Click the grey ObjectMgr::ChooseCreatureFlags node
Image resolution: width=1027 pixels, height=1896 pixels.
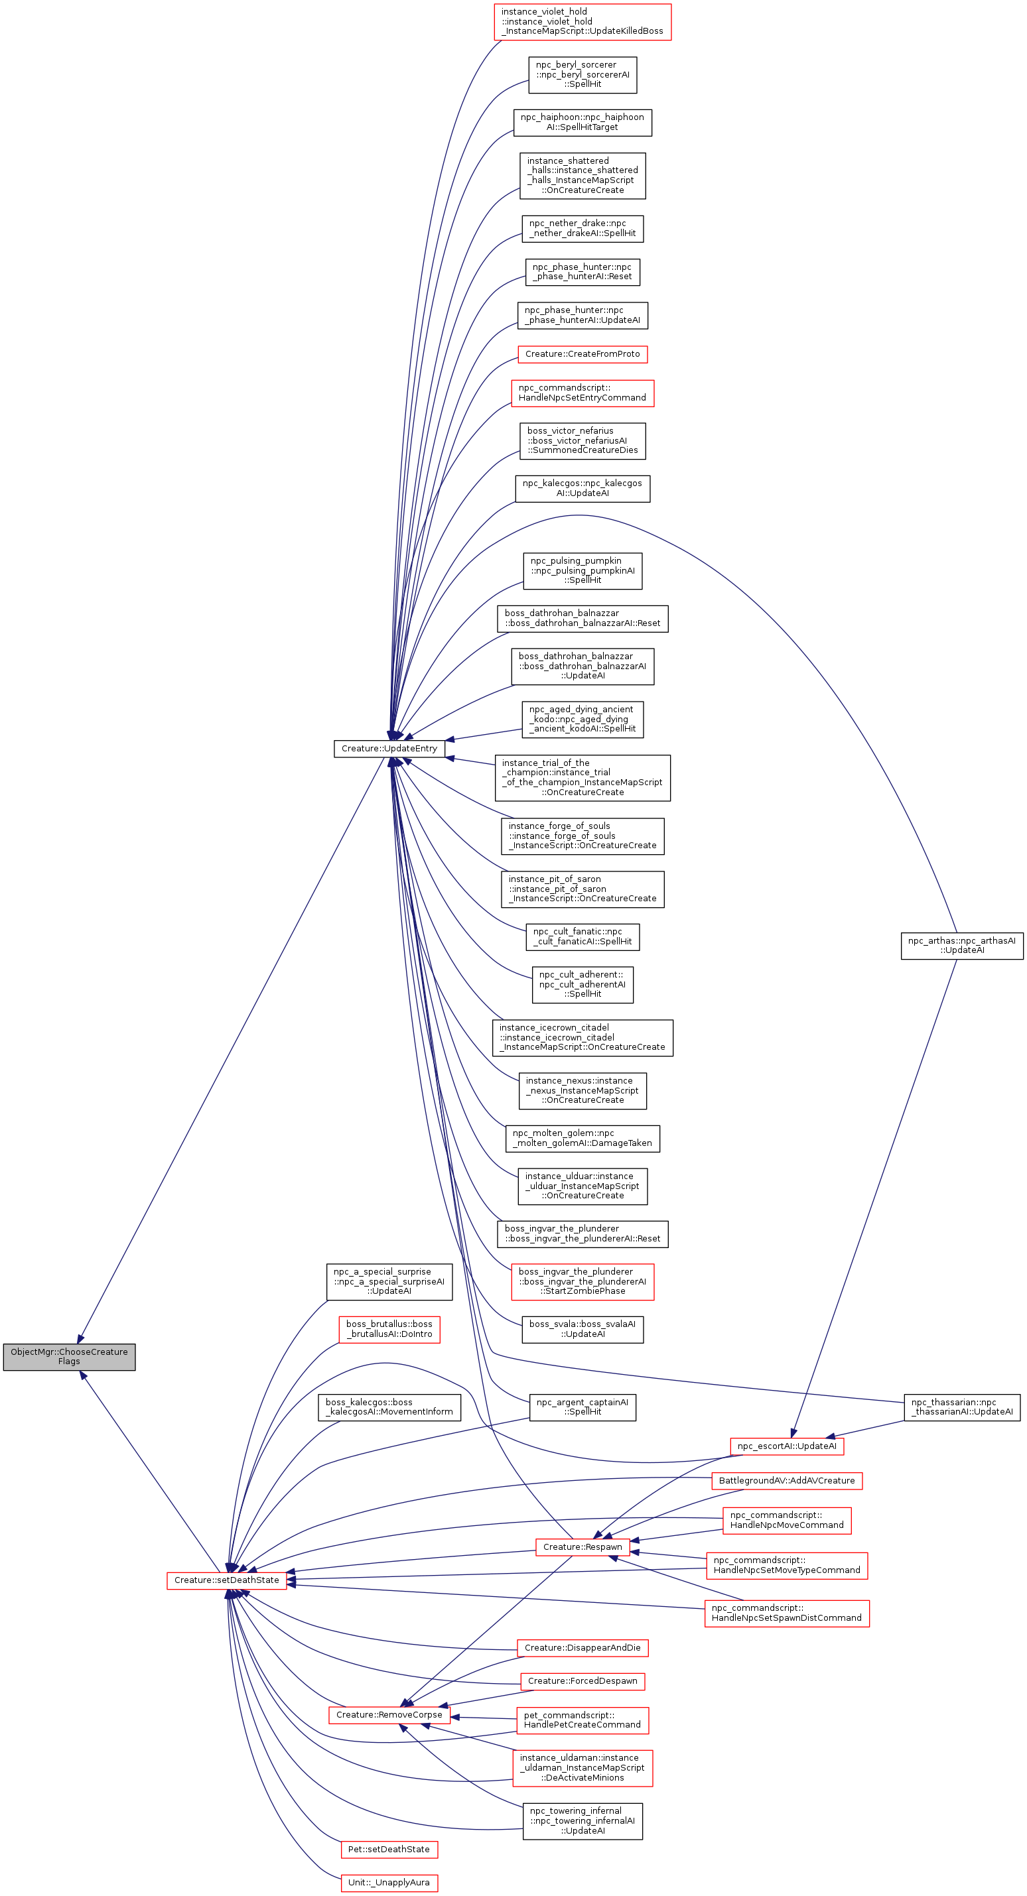pos(69,1356)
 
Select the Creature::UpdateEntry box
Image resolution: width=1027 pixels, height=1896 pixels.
pos(389,749)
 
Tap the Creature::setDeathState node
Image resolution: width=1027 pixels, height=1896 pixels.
pos(227,1580)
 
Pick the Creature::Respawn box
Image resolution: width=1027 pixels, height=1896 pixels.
pos(582,1547)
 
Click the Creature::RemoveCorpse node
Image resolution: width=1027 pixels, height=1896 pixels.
pos(389,1714)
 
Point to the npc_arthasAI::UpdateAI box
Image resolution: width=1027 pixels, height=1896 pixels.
pos(961,945)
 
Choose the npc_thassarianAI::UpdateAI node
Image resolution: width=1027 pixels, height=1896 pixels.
pos(961,1407)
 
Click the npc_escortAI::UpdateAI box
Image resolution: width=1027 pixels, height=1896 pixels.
pos(786,1446)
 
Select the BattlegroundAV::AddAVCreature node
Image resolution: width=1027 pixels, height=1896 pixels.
pos(786,1480)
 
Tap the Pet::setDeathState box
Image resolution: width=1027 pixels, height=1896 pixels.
pos(389,1849)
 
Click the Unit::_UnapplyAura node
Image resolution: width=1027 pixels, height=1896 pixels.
pos(389,1882)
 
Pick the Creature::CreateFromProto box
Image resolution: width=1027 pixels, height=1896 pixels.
pos(582,354)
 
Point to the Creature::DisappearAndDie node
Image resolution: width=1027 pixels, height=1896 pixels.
pos(582,1647)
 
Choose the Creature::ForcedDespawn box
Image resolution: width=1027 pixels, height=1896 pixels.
pos(582,1680)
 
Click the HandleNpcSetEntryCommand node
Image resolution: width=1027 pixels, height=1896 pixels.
pos(582,393)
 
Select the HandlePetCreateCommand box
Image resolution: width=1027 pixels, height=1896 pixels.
pos(582,1720)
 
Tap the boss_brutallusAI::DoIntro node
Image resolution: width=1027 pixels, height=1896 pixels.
pos(389,1328)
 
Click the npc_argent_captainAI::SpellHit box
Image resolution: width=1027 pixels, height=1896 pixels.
pos(582,1407)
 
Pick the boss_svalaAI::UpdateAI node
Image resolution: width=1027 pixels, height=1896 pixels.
pos(582,1328)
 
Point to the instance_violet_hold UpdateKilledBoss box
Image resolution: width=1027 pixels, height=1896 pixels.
pos(582,21)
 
